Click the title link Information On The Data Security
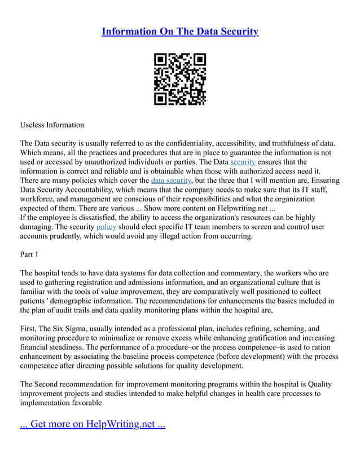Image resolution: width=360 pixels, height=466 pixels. point(179,32)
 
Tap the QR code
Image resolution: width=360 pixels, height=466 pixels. point(180,79)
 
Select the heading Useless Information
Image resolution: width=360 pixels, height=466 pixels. point(52,125)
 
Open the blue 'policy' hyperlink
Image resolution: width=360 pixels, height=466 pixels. point(106,227)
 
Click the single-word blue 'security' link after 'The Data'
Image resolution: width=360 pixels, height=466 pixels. point(243,162)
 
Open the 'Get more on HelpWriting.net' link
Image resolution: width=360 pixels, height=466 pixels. point(93,424)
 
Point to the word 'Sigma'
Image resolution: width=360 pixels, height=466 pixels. point(80,328)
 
